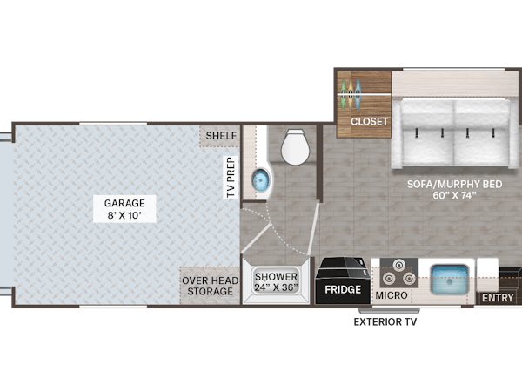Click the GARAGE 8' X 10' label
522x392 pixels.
[x=124, y=209]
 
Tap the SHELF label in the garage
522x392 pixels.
[x=221, y=136]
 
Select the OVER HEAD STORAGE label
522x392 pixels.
[x=210, y=286]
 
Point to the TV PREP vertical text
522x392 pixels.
[x=231, y=177]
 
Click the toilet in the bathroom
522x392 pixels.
[x=294, y=147]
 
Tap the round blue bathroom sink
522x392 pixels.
[x=260, y=180]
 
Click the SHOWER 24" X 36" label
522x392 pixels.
[x=276, y=282]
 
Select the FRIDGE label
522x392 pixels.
[x=343, y=289]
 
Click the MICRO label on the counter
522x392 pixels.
[x=391, y=295]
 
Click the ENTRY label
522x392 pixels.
[x=498, y=298]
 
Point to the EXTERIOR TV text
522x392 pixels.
[x=385, y=322]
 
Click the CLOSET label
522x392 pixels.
[x=369, y=122]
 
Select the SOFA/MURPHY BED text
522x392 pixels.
[x=454, y=185]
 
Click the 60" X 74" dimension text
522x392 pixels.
[x=454, y=195]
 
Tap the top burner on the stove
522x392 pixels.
[x=398, y=266]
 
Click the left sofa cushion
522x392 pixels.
[x=428, y=132]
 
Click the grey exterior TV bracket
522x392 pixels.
[x=389, y=311]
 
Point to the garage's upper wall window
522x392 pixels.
[x=113, y=124]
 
